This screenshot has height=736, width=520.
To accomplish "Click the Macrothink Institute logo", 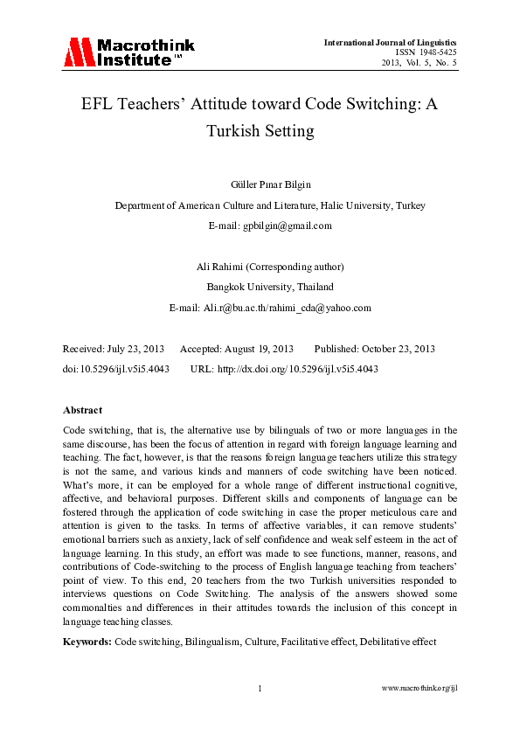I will click(128, 53).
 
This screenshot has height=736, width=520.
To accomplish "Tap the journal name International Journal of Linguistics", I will click(390, 42).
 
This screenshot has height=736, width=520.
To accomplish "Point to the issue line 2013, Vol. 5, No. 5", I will click(419, 63).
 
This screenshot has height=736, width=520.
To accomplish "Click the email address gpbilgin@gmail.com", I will click(288, 225).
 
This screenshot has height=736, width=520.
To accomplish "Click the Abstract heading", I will click(82, 409).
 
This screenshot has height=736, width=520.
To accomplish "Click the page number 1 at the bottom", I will click(260, 689).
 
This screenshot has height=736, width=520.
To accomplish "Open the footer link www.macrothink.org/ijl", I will click(420, 689).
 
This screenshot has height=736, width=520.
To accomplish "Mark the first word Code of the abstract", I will click(76, 430).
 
